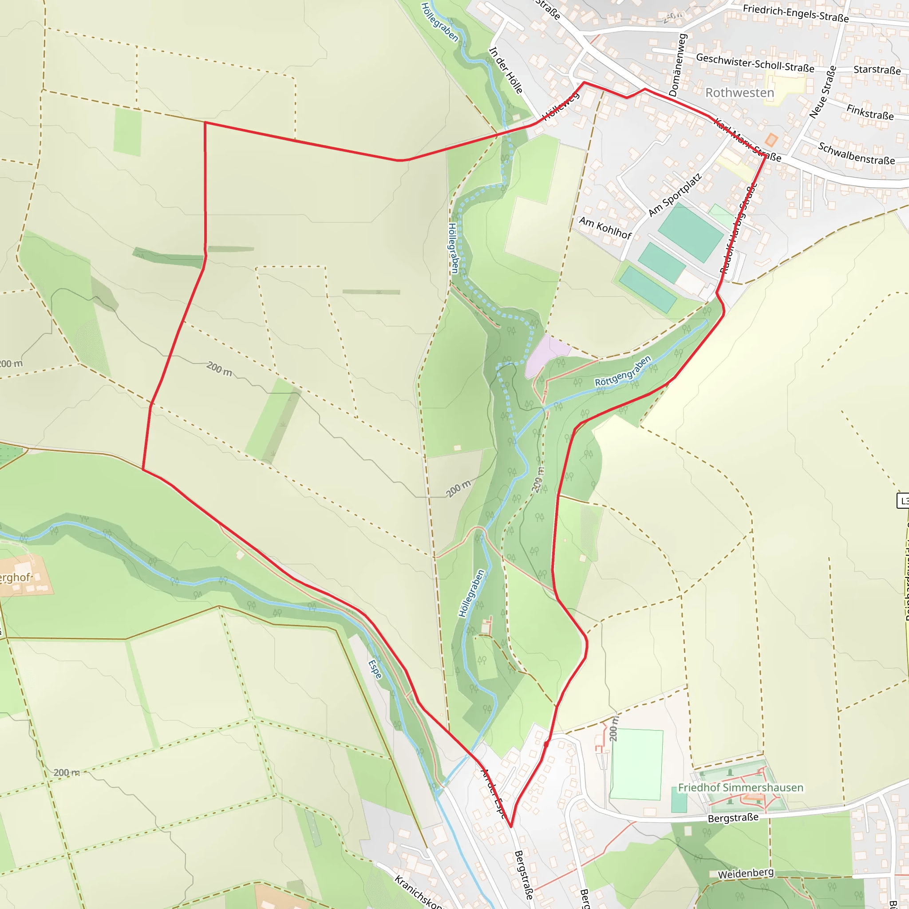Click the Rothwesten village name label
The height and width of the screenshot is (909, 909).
(x=739, y=93)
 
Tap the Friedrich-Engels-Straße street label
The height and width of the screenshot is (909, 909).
(x=796, y=14)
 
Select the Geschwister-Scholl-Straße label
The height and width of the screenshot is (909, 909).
(x=755, y=63)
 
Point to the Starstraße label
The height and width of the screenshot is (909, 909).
(x=877, y=70)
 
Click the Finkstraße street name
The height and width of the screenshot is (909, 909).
(x=870, y=112)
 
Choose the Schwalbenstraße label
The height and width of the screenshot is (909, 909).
(x=856, y=154)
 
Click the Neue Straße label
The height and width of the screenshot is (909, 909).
(x=823, y=92)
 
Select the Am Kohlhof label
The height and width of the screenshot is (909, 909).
(x=605, y=228)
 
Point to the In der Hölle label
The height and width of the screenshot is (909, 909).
(x=506, y=70)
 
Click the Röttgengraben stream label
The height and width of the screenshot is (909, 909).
(x=623, y=372)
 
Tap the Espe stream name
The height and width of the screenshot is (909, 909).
(x=375, y=669)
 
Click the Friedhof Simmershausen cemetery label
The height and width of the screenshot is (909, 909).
(x=741, y=788)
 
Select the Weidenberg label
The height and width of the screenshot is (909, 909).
(x=745, y=873)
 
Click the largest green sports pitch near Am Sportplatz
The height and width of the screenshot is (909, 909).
(x=690, y=233)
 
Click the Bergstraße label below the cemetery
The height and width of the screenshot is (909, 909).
(x=733, y=818)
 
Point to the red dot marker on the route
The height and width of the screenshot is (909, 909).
(x=546, y=744)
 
